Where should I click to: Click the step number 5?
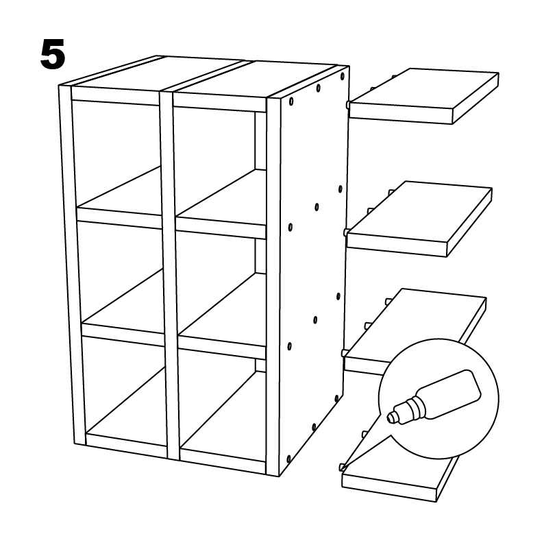(x=53, y=54)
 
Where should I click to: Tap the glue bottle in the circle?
(x=434, y=398)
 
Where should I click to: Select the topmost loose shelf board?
(x=424, y=95)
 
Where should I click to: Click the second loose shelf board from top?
(x=419, y=218)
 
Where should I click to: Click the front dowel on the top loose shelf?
(x=347, y=105)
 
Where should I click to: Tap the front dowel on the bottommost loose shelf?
(x=342, y=467)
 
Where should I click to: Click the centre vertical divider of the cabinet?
(x=169, y=275)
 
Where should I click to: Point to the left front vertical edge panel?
(x=71, y=264)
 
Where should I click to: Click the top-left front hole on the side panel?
(x=291, y=101)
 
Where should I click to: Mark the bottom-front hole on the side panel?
(x=288, y=459)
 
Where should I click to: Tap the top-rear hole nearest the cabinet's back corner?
(x=343, y=76)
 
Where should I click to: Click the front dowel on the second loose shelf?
(x=346, y=232)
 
